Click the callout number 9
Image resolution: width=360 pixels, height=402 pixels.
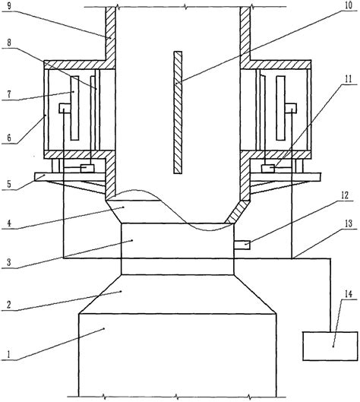pyautogui.click(x=9, y=6)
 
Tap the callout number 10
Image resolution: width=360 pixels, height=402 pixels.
pyautogui.click(x=348, y=5)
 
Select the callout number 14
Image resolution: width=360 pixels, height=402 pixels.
pyautogui.click(x=348, y=294)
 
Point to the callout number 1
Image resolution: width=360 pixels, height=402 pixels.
pyautogui.click(x=9, y=355)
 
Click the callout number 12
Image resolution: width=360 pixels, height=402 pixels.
pyautogui.click(x=344, y=195)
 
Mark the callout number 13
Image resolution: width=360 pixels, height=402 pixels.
pyautogui.click(x=349, y=224)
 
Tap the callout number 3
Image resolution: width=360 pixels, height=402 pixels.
pyautogui.click(x=9, y=263)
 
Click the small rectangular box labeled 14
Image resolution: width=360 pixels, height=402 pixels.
pyautogui.click(x=330, y=346)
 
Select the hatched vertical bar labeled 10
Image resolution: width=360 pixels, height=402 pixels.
pyautogui.click(x=178, y=112)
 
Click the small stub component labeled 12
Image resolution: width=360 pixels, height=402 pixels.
pyautogui.click(x=242, y=245)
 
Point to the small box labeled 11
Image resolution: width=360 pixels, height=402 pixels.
pyautogui.click(x=268, y=169)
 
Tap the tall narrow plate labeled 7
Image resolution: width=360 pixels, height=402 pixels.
pyautogui.click(x=74, y=108)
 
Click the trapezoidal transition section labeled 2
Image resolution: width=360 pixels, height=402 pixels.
pyautogui.click(x=178, y=294)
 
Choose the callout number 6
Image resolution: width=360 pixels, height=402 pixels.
pyautogui.click(x=9, y=138)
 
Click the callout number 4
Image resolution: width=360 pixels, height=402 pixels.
pyautogui.click(x=9, y=223)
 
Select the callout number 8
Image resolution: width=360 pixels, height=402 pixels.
pyautogui.click(x=9, y=43)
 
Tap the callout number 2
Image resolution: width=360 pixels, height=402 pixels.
pyautogui.click(x=9, y=305)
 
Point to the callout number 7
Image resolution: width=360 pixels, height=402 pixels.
pyautogui.click(x=9, y=94)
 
